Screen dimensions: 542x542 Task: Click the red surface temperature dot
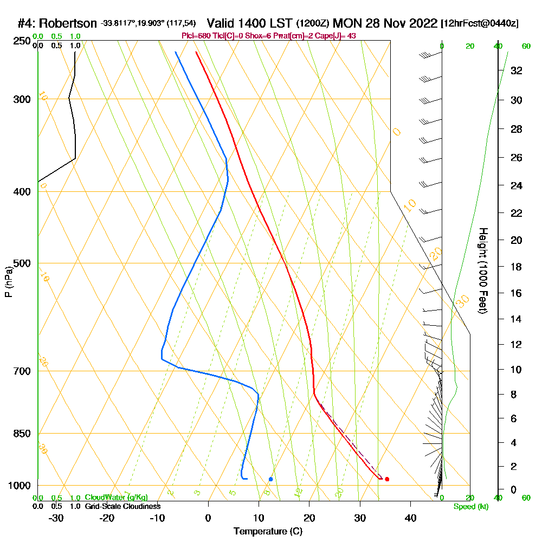[x=387, y=479]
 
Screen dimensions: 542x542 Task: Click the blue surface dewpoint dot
[x=270, y=479]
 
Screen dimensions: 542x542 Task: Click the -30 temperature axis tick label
[x=56, y=518]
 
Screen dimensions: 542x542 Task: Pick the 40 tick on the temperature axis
[x=410, y=518]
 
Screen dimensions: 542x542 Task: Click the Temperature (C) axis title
[x=268, y=532]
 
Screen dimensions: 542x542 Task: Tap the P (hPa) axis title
[x=8, y=281]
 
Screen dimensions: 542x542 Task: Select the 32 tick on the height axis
[x=517, y=70]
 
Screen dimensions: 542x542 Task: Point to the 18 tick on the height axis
[x=517, y=267]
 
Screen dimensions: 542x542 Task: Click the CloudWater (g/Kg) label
[x=116, y=498]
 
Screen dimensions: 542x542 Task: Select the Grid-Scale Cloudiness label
[x=122, y=506]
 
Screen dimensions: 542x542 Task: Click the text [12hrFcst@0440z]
[x=480, y=23]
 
